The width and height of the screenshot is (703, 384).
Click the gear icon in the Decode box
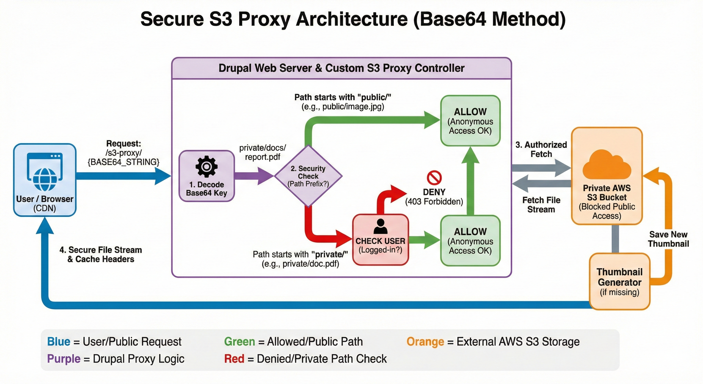pos(207,166)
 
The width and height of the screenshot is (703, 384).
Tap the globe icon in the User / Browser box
pos(45,179)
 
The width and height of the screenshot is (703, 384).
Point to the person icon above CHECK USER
pos(380,226)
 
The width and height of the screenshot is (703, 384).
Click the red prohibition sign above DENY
pos(434,178)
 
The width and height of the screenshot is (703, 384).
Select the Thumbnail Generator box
pos(619,281)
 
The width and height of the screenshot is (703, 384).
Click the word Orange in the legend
pos(425,342)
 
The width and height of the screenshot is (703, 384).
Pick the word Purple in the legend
pos(64,359)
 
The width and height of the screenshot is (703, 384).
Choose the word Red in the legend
pos(234,359)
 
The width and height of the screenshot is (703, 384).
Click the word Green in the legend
pos(239,342)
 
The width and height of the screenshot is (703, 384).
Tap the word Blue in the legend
pos(59,342)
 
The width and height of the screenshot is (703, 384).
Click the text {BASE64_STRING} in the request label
pos(123,162)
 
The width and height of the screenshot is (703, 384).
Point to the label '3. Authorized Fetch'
pos(541,149)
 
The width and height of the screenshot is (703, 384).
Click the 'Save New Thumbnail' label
pos(668,239)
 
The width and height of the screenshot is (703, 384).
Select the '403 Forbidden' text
pos(434,202)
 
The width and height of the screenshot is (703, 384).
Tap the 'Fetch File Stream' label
pos(541,205)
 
